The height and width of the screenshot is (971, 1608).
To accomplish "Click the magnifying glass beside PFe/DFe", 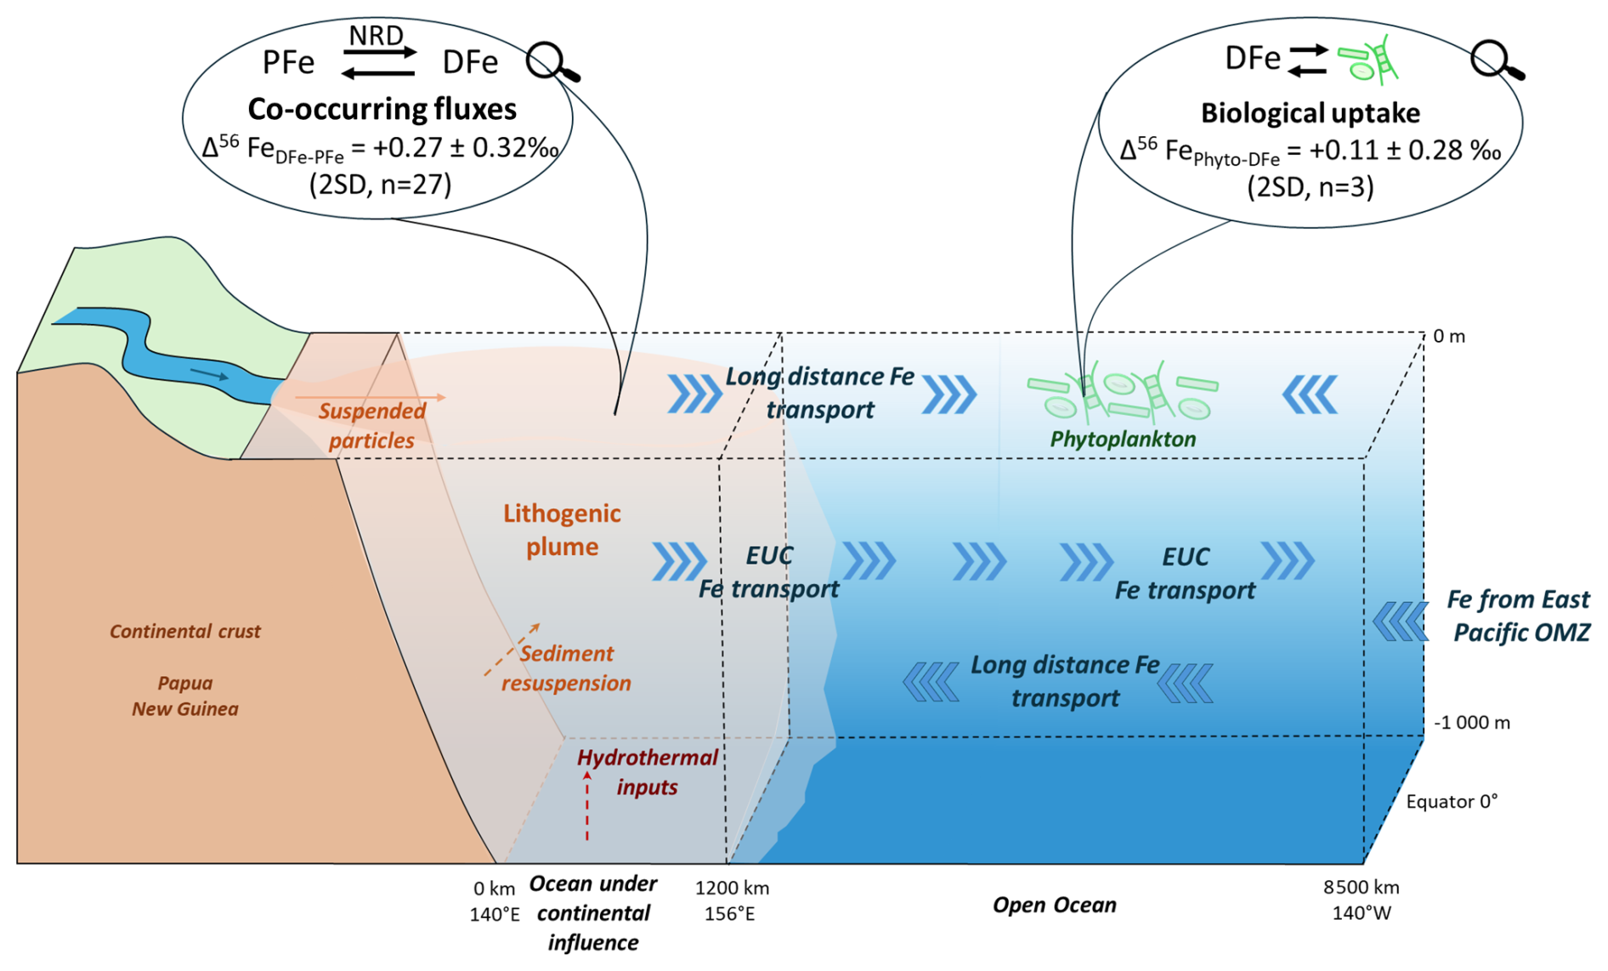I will pyautogui.click(x=551, y=62).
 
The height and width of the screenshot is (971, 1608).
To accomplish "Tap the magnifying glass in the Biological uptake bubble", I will pyautogui.click(x=1497, y=60).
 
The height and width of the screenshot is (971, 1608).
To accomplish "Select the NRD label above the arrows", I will pyautogui.click(x=376, y=36).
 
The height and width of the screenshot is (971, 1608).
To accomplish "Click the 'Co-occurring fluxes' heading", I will pyautogui.click(x=382, y=109).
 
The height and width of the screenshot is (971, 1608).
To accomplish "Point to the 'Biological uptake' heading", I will pyautogui.click(x=1310, y=112).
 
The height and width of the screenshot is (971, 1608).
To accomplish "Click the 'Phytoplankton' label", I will pyautogui.click(x=1123, y=439).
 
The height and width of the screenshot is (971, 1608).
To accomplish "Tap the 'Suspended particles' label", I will pyautogui.click(x=372, y=425).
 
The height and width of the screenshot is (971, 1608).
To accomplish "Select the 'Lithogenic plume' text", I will pyautogui.click(x=562, y=529).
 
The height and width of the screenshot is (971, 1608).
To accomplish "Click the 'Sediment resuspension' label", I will pyautogui.click(x=566, y=667).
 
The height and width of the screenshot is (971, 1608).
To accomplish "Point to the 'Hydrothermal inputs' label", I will pyautogui.click(x=648, y=771).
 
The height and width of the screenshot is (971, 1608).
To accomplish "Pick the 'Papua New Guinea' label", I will pyautogui.click(x=184, y=696).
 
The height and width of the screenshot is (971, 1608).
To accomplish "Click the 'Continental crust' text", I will pyautogui.click(x=184, y=631).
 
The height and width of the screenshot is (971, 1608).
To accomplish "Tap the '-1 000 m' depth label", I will pyautogui.click(x=1472, y=723).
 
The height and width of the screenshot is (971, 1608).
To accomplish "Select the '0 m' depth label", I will pyautogui.click(x=1449, y=336).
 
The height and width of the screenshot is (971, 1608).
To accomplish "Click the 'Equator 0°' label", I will pyautogui.click(x=1452, y=801).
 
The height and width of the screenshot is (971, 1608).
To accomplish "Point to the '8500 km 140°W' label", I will pyautogui.click(x=1361, y=900).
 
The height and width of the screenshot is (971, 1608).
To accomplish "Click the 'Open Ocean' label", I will pyautogui.click(x=1054, y=905).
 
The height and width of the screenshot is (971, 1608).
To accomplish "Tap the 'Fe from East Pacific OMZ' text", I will pyautogui.click(x=1519, y=616).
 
